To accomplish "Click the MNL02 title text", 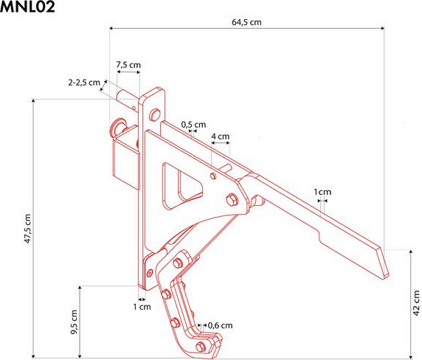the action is click(27, 7).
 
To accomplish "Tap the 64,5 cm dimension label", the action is click(246, 22).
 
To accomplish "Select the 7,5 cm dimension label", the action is click(128, 65).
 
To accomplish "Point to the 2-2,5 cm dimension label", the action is click(84, 83).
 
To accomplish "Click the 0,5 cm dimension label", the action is click(193, 125).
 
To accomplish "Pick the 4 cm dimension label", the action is click(220, 136).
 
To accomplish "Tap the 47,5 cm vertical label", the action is click(28, 229).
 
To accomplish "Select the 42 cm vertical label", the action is click(416, 303).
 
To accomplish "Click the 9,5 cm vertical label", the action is click(74, 322).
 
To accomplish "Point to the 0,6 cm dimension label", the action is click(220, 325).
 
